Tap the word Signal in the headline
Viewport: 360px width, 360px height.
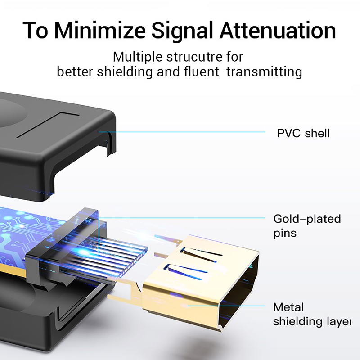click(x=192, y=31)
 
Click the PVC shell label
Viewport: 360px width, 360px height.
click(x=303, y=133)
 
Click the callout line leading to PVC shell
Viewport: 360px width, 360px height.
click(x=189, y=132)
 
